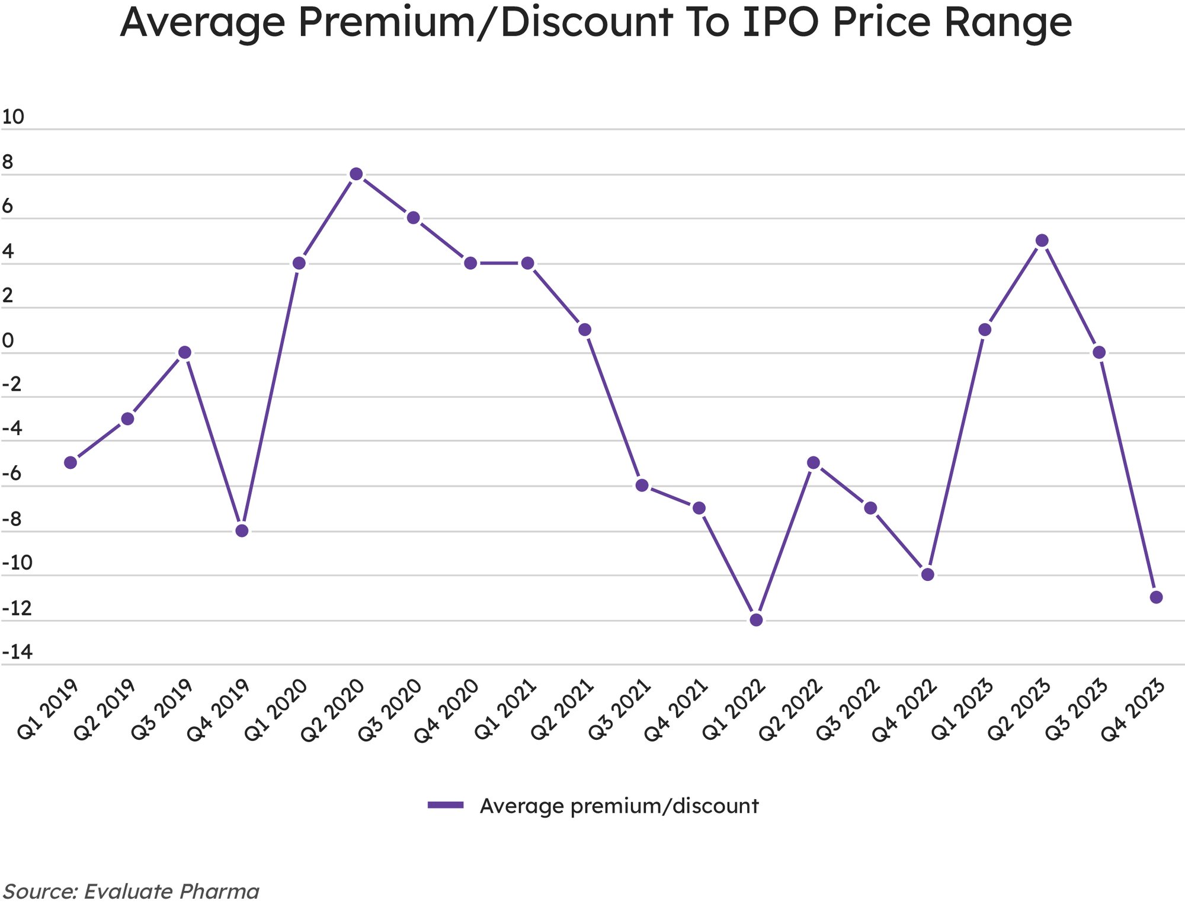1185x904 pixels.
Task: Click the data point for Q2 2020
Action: click(x=356, y=174)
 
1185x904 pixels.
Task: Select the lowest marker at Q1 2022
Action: click(x=756, y=620)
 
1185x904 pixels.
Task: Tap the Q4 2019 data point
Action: click(x=242, y=531)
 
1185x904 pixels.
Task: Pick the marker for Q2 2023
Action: click(x=1042, y=241)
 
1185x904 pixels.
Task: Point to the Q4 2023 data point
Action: click(x=1156, y=597)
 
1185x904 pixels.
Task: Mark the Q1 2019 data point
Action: click(x=71, y=462)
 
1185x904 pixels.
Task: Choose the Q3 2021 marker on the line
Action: click(x=642, y=485)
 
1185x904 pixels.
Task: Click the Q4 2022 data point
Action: click(x=928, y=574)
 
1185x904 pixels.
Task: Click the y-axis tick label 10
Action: click(x=13, y=117)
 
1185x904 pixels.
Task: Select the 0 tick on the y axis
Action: click(x=8, y=341)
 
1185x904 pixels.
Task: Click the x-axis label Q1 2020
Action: click(x=276, y=710)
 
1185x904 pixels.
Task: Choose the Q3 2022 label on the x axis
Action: click(x=848, y=710)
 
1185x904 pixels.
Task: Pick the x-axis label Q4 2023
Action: click(x=1133, y=710)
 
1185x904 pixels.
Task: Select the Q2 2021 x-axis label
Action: click(x=562, y=710)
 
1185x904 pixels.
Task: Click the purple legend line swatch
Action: click(x=446, y=804)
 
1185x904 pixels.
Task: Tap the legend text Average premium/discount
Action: click(x=619, y=806)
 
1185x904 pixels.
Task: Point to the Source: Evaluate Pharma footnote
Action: click(x=132, y=891)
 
